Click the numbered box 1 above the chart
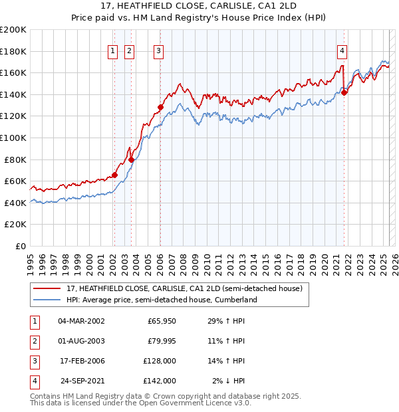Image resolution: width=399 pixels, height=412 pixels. pyautogui.click(x=112, y=51)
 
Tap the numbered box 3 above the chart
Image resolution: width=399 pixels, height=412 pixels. pyautogui.click(x=159, y=51)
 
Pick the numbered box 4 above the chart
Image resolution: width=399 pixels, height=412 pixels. pyautogui.click(x=342, y=51)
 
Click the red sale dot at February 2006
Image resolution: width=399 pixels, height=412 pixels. pyautogui.click(x=160, y=106)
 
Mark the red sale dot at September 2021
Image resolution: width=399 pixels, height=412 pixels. pyautogui.click(x=344, y=93)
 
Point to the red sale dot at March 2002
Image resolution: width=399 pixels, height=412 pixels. pyautogui.click(x=114, y=175)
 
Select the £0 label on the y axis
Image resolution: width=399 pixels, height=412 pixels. pyautogui.click(x=20, y=246)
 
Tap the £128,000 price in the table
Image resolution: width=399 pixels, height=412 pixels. pyautogui.click(x=160, y=361)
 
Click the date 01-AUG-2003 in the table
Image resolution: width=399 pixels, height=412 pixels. pyautogui.click(x=81, y=341)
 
